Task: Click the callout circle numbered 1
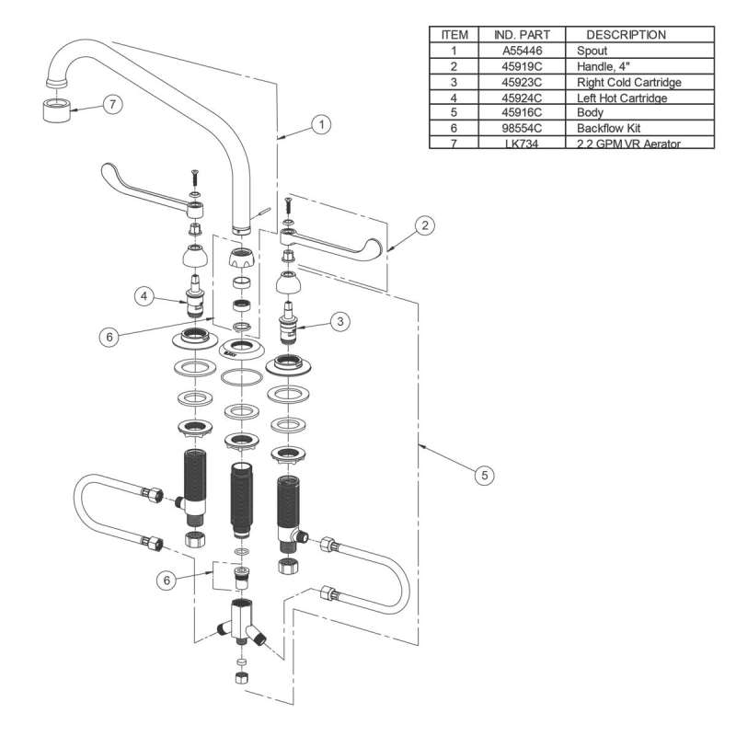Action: click(x=319, y=124)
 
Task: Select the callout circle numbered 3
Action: click(x=339, y=322)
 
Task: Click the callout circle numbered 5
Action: click(x=485, y=475)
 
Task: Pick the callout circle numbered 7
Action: click(x=111, y=105)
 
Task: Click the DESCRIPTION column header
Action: click(x=634, y=35)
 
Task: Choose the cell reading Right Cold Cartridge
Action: click(x=628, y=83)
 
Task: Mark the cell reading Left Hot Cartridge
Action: click(x=622, y=98)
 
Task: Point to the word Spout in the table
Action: click(x=592, y=52)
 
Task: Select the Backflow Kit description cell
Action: click(x=609, y=129)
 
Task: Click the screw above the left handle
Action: click(x=194, y=176)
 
